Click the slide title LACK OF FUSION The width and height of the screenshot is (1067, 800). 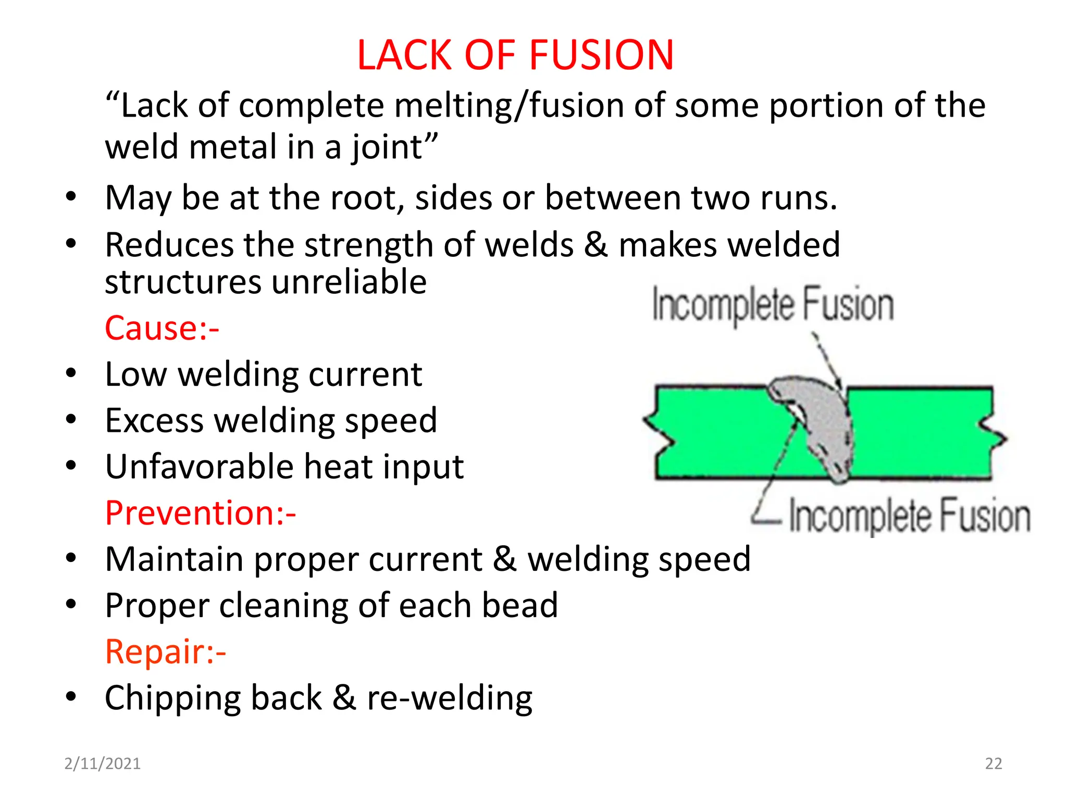515,55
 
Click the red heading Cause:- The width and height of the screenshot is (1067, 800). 162,328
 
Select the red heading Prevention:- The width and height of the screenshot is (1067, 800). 201,512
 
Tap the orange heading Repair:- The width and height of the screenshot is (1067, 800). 166,652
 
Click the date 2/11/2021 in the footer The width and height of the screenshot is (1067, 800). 102,764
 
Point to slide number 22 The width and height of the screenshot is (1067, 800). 994,764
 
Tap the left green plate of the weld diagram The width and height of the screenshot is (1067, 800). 719,432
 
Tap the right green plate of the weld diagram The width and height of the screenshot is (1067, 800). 922,432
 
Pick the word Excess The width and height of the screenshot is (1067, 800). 154,420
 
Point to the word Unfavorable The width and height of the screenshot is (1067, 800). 200,466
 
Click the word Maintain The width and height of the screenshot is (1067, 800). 175,559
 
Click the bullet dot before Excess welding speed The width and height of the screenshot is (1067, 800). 71,419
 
